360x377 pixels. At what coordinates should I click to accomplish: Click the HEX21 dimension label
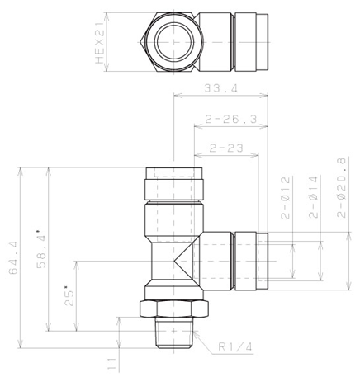100,43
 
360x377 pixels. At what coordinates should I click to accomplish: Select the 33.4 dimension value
220,88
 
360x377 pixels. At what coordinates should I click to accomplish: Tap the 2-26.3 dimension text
231,120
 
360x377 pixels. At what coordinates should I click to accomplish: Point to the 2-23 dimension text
226,148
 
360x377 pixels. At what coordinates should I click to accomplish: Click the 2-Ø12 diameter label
286,198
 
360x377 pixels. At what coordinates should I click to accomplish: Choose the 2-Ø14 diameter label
313,197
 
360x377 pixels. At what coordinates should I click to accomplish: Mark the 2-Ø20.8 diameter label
341,188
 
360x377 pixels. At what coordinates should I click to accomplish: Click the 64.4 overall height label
13,258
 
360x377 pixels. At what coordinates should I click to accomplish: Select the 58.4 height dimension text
41,248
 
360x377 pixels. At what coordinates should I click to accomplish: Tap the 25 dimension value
69,295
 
